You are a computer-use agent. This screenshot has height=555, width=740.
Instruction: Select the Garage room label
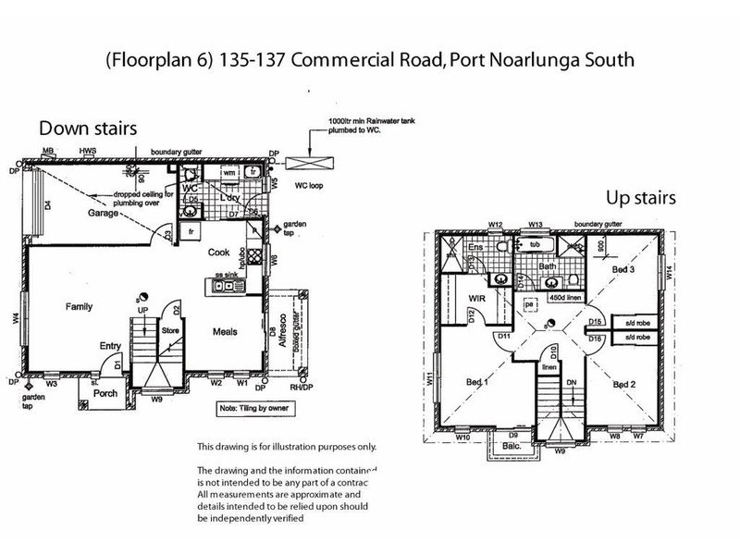click(104, 213)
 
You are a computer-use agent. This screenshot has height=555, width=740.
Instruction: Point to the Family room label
click(83, 305)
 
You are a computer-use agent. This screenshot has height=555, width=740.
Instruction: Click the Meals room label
click(228, 332)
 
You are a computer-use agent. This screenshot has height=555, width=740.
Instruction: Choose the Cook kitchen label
click(219, 252)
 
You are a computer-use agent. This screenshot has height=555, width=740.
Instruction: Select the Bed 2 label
click(625, 384)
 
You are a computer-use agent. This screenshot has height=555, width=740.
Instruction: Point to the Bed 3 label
click(624, 267)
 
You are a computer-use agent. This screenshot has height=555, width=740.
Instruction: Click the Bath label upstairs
click(548, 266)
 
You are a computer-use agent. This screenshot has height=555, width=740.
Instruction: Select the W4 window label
click(17, 319)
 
